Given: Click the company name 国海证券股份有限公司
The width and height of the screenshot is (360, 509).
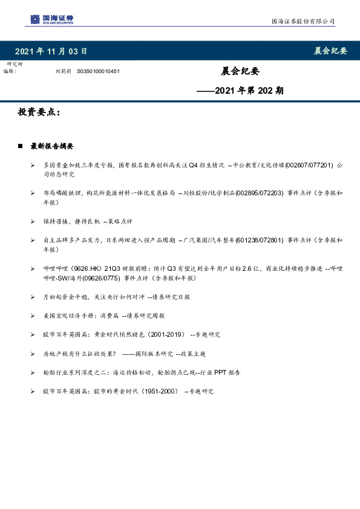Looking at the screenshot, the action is click(x=302, y=22).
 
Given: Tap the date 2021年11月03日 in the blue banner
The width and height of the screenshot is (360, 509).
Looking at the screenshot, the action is click(x=51, y=51).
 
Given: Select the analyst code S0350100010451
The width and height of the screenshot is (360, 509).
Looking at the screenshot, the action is click(x=98, y=71).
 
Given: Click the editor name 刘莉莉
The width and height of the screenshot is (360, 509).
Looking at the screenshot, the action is click(x=63, y=71).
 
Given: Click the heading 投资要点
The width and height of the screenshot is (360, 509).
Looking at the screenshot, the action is click(x=39, y=113).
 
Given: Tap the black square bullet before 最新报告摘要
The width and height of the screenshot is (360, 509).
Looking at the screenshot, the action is click(x=20, y=146).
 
